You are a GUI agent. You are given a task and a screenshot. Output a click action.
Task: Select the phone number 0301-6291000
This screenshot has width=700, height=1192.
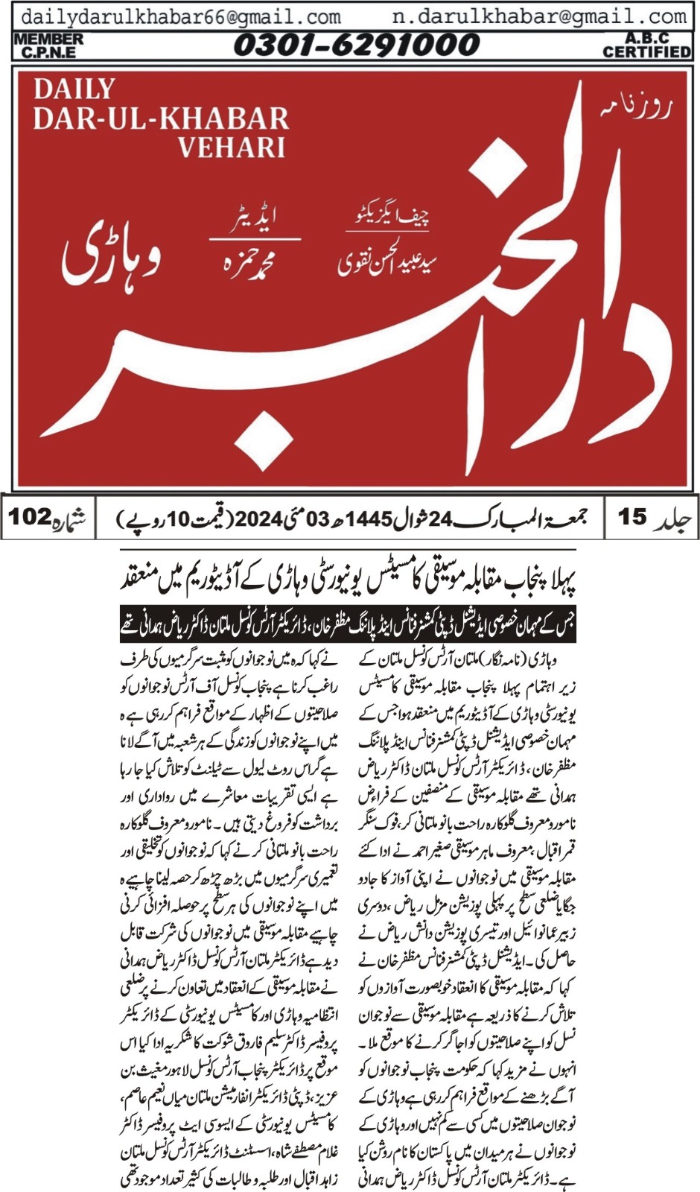[356, 45]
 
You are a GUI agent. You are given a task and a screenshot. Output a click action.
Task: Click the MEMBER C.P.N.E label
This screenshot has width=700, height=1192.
[48, 45]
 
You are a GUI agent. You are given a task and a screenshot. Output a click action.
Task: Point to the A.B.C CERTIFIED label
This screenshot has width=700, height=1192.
[646, 45]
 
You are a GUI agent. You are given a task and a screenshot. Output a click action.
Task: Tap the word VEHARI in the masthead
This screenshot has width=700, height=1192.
[231, 147]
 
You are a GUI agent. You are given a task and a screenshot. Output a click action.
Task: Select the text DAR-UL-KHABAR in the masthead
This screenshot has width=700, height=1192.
[161, 118]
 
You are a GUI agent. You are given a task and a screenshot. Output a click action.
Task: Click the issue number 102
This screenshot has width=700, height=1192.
[31, 516]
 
